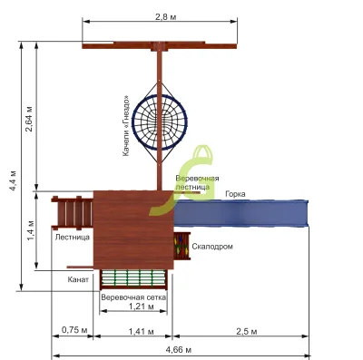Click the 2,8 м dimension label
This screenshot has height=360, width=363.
[165, 17]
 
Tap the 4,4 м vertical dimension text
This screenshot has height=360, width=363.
[13, 180]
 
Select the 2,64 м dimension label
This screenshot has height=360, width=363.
[29, 119]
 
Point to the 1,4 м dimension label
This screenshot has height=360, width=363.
[31, 230]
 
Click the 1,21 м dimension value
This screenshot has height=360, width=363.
[142, 306]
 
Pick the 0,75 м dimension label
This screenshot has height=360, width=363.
[74, 330]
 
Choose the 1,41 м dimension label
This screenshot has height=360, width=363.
[142, 332]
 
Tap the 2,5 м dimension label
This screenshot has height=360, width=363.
[247, 332]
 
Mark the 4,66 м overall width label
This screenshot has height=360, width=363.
[179, 350]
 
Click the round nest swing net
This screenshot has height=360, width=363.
[160, 122]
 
